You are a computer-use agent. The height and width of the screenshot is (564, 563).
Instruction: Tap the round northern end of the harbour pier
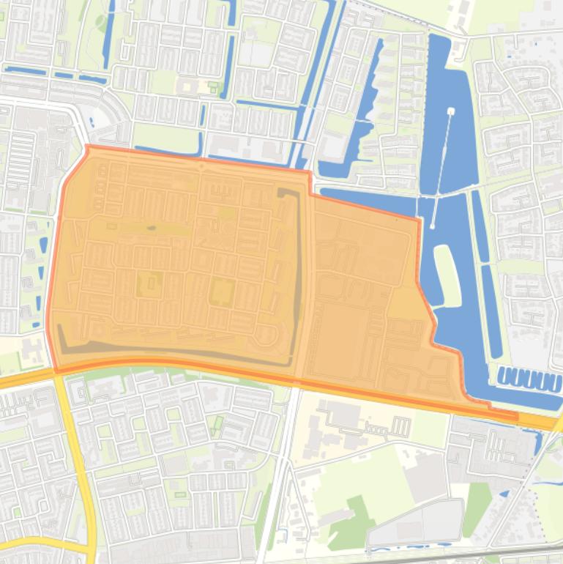(x=450, y=111)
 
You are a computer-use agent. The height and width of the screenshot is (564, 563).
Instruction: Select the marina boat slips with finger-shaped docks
(x=530, y=379)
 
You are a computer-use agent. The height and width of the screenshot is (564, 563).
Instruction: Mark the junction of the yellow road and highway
(x=59, y=373)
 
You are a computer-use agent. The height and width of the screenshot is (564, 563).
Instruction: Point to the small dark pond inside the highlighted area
(x=151, y=229)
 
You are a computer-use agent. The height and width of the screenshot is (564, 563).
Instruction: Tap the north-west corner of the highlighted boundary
(x=88, y=147)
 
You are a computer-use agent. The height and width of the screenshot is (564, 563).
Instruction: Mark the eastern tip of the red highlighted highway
(x=516, y=418)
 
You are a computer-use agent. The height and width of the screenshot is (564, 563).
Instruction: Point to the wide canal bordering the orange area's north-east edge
(x=366, y=198)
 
